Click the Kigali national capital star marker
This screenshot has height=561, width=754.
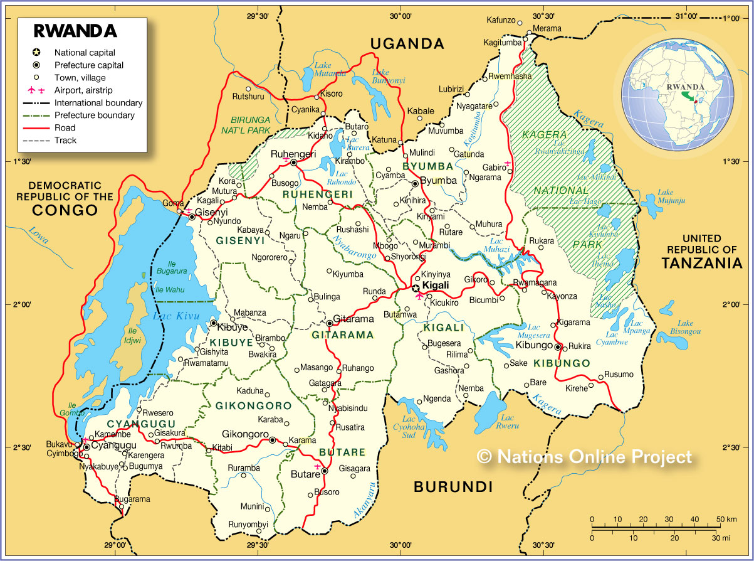[416, 286]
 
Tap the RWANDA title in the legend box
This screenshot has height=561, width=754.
[75, 31]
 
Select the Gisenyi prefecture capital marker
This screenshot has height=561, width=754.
[192, 216]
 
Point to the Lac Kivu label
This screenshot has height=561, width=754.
[171, 316]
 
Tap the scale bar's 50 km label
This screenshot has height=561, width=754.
[728, 520]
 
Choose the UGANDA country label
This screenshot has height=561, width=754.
[407, 44]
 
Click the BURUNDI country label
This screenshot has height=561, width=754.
[453, 486]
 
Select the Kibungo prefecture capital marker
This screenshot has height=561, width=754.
[558, 346]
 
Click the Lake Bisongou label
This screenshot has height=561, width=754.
[685, 327]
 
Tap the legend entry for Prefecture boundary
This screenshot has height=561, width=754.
[94, 115]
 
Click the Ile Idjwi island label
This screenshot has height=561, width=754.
[132, 335]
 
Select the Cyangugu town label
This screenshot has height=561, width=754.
[113, 446]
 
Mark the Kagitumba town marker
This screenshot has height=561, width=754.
[525, 42]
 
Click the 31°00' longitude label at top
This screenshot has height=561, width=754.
[684, 16]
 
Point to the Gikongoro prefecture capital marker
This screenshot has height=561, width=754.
[272, 440]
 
